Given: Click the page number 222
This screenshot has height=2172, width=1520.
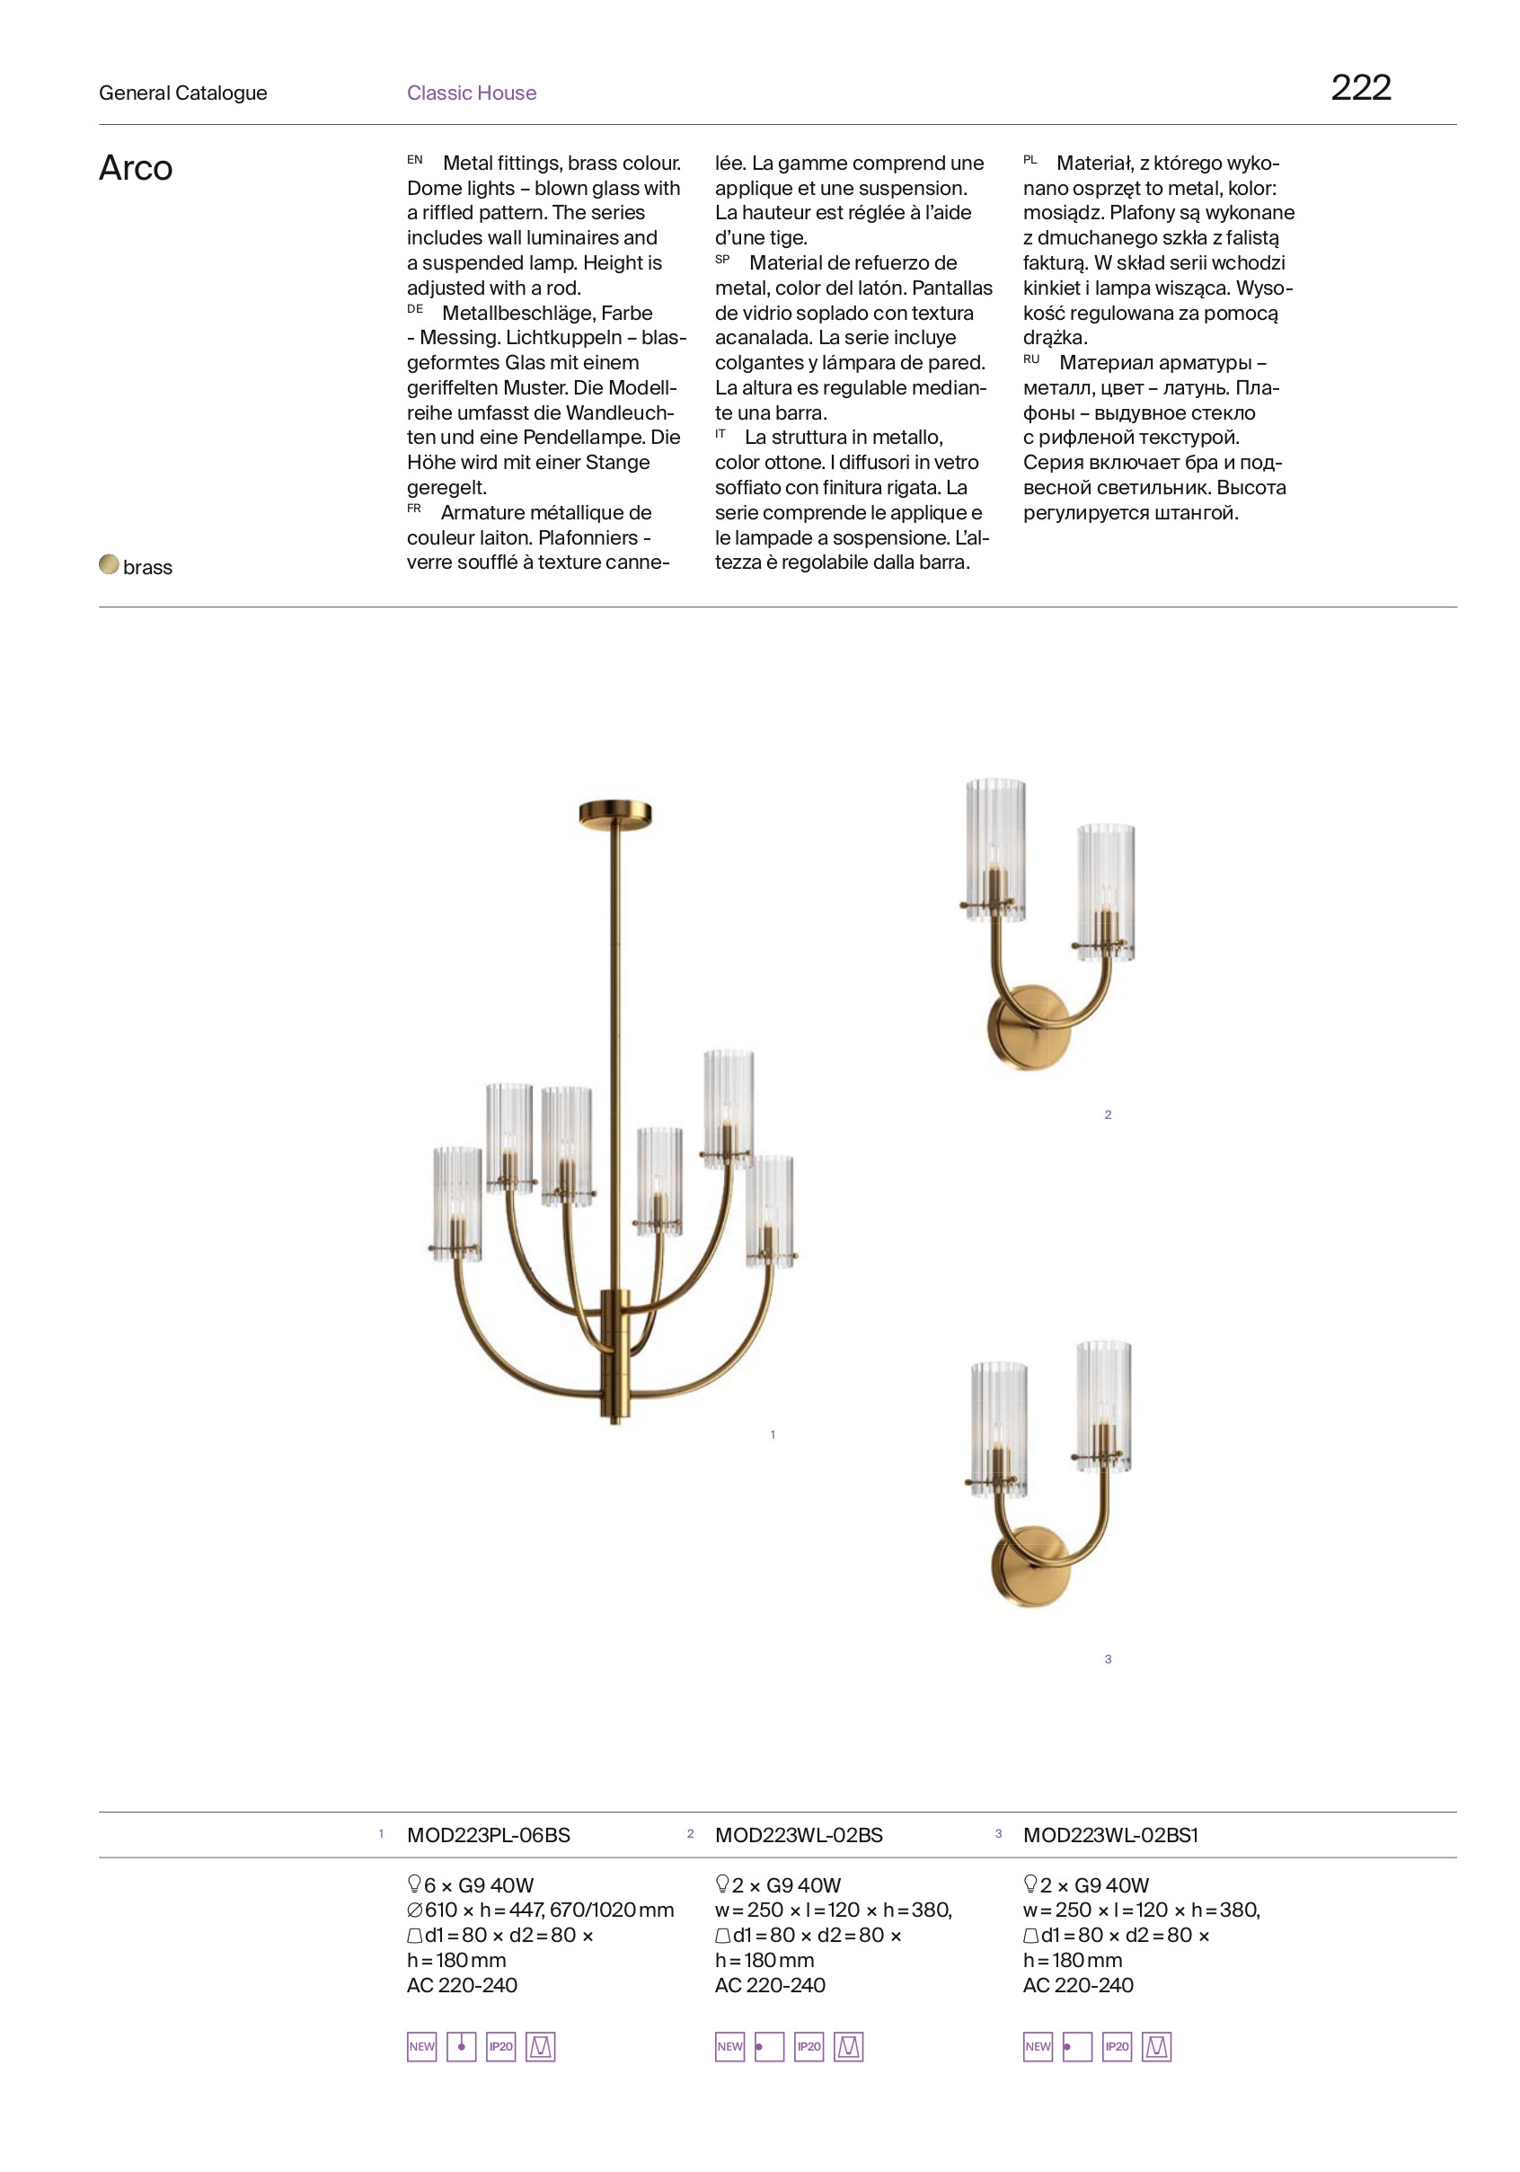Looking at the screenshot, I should (x=1360, y=88).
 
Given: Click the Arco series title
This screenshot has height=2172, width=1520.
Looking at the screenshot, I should (x=136, y=168).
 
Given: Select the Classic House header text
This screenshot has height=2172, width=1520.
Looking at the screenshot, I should (x=471, y=93).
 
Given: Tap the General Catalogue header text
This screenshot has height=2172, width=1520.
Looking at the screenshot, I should (x=182, y=93).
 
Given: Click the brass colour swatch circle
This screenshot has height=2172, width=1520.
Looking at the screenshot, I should (x=109, y=564).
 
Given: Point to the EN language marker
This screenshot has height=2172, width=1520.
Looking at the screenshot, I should (x=414, y=160).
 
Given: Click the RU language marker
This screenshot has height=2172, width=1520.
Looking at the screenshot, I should (x=1031, y=359).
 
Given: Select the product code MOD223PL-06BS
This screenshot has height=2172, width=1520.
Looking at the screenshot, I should (x=488, y=1835).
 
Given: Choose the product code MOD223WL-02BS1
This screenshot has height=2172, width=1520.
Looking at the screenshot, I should (x=1109, y=1835).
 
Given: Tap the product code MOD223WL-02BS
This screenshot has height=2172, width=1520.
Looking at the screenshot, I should (x=799, y=1835).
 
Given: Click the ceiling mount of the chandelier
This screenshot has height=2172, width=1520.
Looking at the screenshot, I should (x=614, y=813).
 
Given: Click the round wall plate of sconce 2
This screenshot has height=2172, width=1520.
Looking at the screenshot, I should (x=1030, y=1029).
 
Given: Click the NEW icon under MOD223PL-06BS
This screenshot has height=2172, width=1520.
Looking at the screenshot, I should (x=422, y=2046).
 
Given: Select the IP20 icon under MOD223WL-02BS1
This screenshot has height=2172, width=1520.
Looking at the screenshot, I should (x=1117, y=2046).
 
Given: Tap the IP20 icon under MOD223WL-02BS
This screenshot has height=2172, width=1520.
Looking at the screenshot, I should (x=809, y=2046).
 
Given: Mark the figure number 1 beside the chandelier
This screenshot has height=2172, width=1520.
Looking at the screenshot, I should (x=773, y=1435).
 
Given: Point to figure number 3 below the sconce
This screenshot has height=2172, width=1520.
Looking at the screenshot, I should (x=1108, y=1659).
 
